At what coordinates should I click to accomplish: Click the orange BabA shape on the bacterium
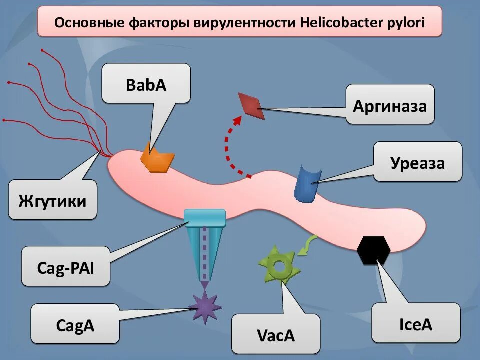[157, 158]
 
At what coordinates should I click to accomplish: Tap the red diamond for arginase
[251, 105]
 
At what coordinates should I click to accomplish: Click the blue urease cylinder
[306, 184]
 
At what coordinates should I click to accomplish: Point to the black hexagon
[374, 250]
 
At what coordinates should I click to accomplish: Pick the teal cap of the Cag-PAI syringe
[205, 216]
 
